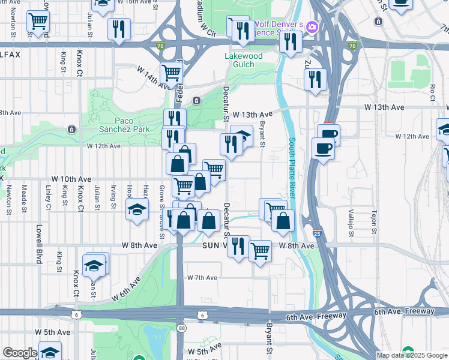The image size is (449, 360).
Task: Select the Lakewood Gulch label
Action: (243, 60)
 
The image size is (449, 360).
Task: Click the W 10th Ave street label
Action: (71, 179)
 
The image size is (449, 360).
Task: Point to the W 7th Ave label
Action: (202, 278)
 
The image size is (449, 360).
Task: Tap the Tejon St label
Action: (373, 221)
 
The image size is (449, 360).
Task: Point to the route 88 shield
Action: (182, 328)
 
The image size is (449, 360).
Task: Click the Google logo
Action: (20, 353)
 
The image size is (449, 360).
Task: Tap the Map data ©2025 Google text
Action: (412, 355)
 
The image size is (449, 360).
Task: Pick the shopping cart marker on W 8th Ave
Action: (260, 251)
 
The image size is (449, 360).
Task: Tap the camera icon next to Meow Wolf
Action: (312, 26)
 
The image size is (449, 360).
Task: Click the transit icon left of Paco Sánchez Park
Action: (71, 129)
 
